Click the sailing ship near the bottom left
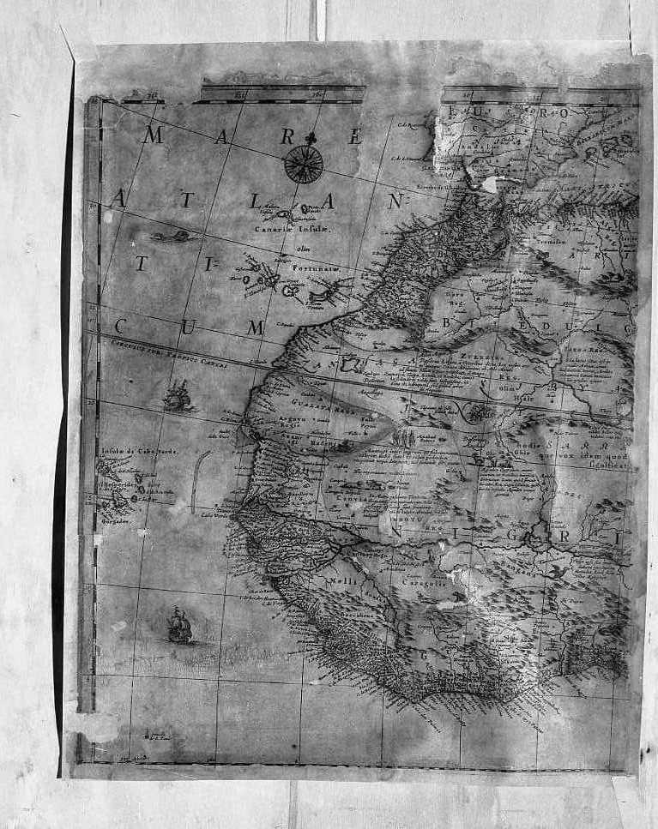click(x=179, y=625)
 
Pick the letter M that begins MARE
click(x=153, y=135)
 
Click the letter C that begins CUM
click(x=121, y=326)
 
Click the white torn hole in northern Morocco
click(x=491, y=183)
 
